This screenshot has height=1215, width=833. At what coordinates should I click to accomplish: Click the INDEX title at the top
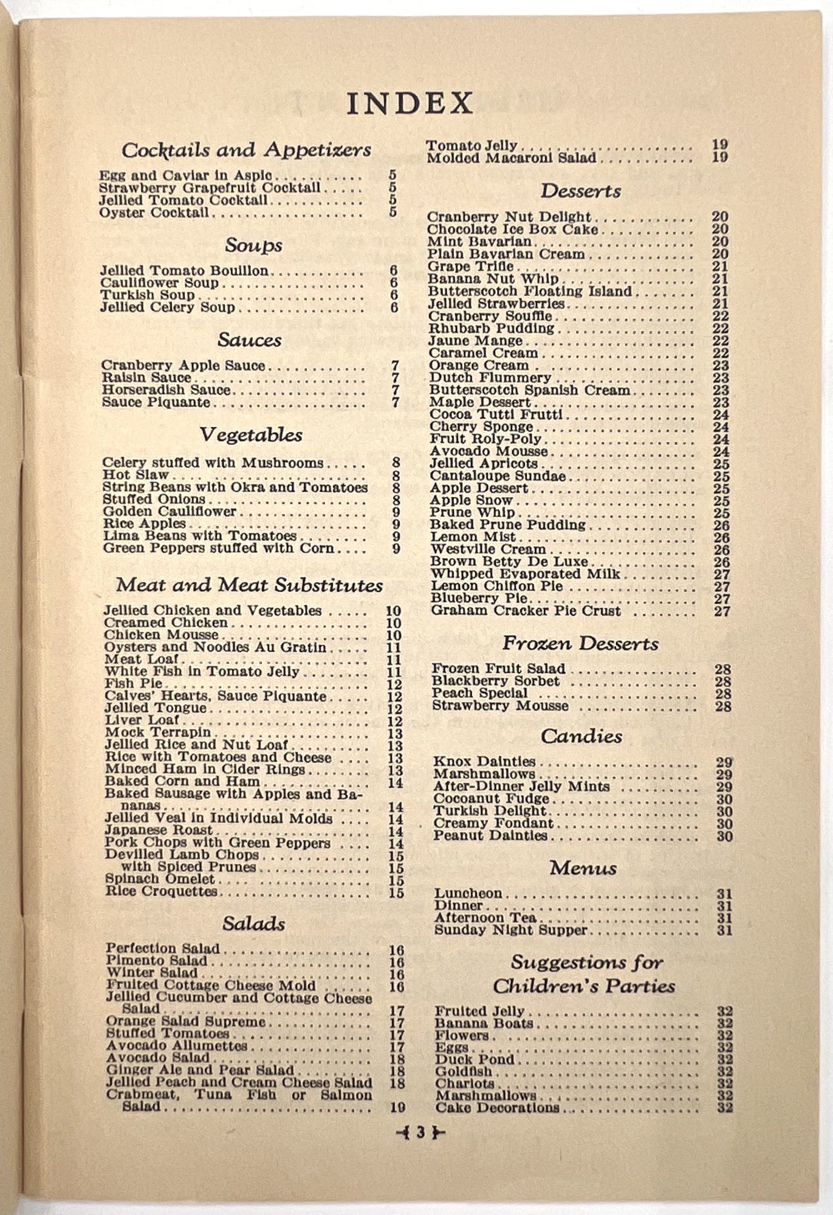(410, 103)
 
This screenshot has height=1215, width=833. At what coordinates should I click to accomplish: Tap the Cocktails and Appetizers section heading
(246, 150)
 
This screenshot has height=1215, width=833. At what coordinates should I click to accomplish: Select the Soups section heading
(253, 245)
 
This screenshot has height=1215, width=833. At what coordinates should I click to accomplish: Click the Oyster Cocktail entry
(154, 213)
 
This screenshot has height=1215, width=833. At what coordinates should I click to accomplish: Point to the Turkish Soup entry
(148, 295)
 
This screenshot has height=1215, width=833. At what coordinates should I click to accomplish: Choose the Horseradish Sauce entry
(166, 390)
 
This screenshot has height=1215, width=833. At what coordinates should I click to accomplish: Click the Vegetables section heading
(251, 435)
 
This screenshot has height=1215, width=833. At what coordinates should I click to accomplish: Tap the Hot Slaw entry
(136, 475)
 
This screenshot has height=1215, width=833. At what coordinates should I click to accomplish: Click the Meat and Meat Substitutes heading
(249, 585)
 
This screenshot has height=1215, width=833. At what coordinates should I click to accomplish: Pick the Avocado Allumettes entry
(177, 1046)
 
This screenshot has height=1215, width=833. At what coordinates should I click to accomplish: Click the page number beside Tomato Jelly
(720, 145)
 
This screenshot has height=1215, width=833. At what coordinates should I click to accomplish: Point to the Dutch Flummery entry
(490, 378)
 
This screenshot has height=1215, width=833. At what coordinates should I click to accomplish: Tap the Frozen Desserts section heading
(580, 644)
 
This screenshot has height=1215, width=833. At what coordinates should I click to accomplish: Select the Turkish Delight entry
(490, 812)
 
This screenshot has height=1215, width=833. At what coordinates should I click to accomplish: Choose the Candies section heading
(581, 737)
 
